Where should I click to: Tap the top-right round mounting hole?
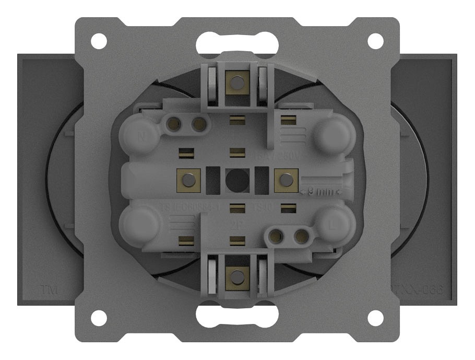(376, 40)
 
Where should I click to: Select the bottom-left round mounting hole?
(99, 318)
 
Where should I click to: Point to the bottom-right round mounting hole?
(376, 318)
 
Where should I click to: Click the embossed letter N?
(141, 138)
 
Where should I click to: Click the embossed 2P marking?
(236, 226)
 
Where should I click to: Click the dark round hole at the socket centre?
(238, 180)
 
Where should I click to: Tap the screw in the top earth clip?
(238, 82)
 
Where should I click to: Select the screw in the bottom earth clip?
(238, 277)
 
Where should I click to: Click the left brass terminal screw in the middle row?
(189, 180)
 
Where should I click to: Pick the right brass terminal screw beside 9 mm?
(286, 180)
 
